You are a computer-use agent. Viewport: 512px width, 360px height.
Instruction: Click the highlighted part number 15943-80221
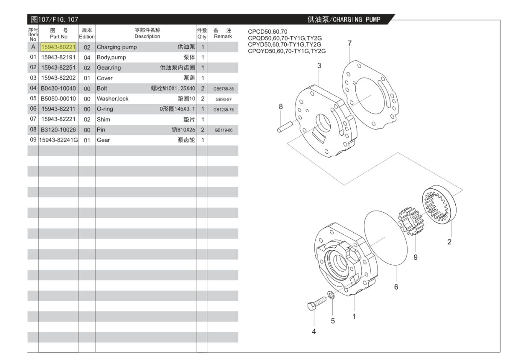[58, 47]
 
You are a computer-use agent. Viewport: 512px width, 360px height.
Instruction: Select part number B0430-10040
[58, 88]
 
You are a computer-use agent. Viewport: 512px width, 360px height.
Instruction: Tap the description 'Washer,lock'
[113, 99]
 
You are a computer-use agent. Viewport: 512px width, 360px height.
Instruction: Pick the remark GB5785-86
[224, 89]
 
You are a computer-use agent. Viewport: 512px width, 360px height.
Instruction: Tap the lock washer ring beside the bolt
[331, 295]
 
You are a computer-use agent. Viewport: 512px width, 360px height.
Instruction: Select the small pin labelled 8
[284, 126]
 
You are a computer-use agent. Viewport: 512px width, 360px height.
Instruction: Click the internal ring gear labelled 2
[439, 205]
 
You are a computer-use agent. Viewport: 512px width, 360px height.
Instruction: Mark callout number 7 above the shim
[349, 43]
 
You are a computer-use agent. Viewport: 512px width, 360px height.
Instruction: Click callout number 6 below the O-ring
[396, 287]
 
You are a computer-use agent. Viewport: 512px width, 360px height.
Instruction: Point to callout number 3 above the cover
[319, 65]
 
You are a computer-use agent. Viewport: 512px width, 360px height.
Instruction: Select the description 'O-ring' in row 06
[105, 109]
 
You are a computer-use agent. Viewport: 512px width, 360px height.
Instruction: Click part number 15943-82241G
[58, 140]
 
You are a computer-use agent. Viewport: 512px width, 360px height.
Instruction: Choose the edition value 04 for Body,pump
[87, 57]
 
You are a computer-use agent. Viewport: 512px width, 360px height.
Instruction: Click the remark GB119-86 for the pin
[224, 130]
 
